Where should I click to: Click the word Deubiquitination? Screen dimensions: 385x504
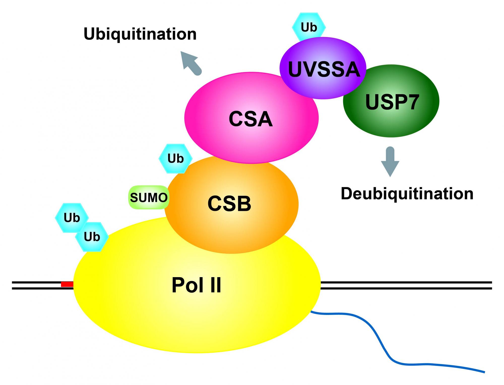pos(407,194)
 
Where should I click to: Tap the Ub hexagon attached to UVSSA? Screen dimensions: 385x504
pos(309,27)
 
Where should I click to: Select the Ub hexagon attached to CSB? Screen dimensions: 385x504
pos(175,158)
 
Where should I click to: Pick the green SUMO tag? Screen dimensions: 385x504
pos(149,198)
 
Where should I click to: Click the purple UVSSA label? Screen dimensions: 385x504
pos(324,69)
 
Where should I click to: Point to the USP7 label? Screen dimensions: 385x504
pos(392,102)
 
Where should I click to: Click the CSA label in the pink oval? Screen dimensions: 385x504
pos(250,119)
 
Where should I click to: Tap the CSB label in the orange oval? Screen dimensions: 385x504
pos(229,203)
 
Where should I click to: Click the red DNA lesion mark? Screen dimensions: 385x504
pos(67,284)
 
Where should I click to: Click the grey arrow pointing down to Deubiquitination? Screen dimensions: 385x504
pos(390,161)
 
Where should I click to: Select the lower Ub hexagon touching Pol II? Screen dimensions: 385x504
pos(92,237)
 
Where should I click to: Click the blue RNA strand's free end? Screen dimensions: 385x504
pos(484,372)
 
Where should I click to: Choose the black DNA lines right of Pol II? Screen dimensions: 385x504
pos(406,285)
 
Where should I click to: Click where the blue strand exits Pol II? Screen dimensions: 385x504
pos(312,312)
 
